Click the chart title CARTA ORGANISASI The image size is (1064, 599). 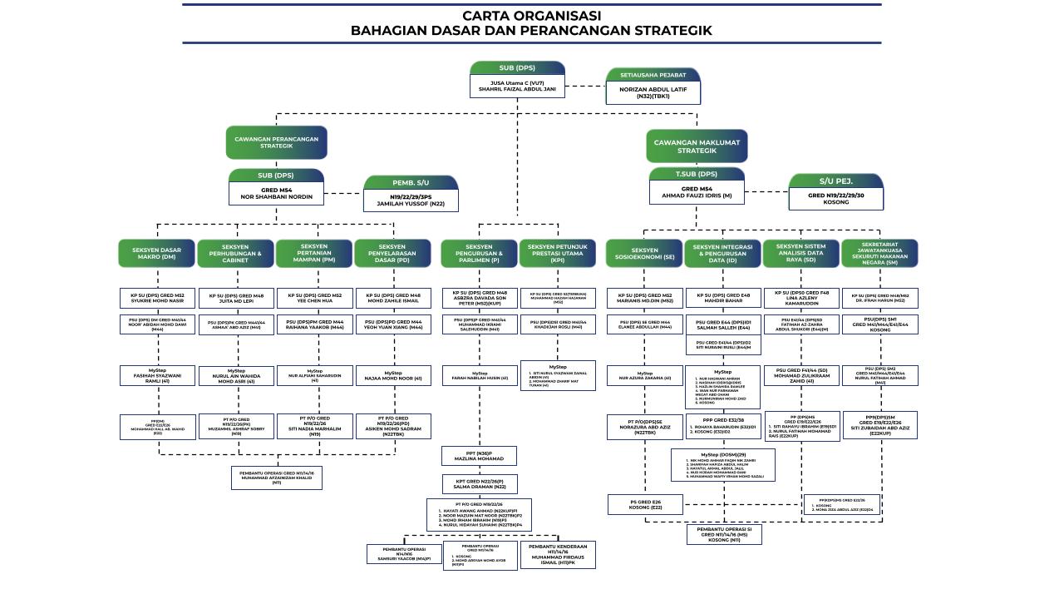coord(531,16)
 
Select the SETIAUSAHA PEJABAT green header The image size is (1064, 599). coord(653,75)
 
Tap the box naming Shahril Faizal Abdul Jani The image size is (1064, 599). coord(517,86)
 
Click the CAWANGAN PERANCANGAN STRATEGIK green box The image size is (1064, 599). coord(276,142)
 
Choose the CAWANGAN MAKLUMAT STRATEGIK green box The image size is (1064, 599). coord(697,146)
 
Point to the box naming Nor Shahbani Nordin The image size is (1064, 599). coord(276,193)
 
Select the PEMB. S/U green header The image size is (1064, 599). coord(411,183)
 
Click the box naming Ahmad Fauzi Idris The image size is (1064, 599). coord(697,192)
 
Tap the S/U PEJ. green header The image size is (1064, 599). coord(835,181)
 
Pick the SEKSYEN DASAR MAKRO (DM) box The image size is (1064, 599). coord(157,254)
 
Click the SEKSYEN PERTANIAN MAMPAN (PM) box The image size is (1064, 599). coord(314,254)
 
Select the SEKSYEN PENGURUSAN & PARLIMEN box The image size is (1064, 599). coord(479,254)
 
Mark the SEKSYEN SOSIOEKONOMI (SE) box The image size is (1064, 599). coord(644,254)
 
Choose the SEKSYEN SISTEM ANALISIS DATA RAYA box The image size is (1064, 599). coord(801,254)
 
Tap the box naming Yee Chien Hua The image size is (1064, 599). coord(314,299)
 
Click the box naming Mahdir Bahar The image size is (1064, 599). coord(722,299)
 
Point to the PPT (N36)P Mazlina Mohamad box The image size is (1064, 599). coord(479,456)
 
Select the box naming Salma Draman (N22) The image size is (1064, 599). coord(479,483)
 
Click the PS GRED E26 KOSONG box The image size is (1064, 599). coord(645,504)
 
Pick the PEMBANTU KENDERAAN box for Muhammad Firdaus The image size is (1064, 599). coord(558,555)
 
